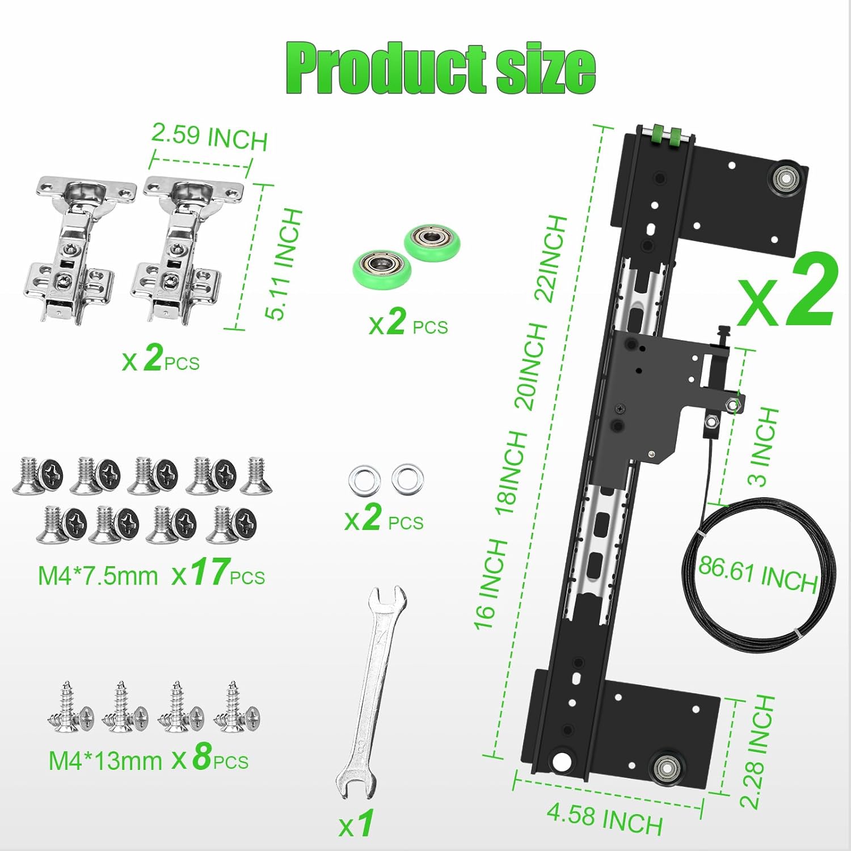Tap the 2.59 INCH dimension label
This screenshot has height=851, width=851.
(209, 137)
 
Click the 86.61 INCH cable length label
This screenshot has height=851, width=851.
(757, 574)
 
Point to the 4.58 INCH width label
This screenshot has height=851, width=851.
(605, 819)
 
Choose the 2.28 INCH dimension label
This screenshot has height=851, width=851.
(757, 752)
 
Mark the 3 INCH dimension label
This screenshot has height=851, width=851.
(763, 447)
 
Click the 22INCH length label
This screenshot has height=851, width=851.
(551, 258)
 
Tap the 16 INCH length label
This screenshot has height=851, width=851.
(491, 584)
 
